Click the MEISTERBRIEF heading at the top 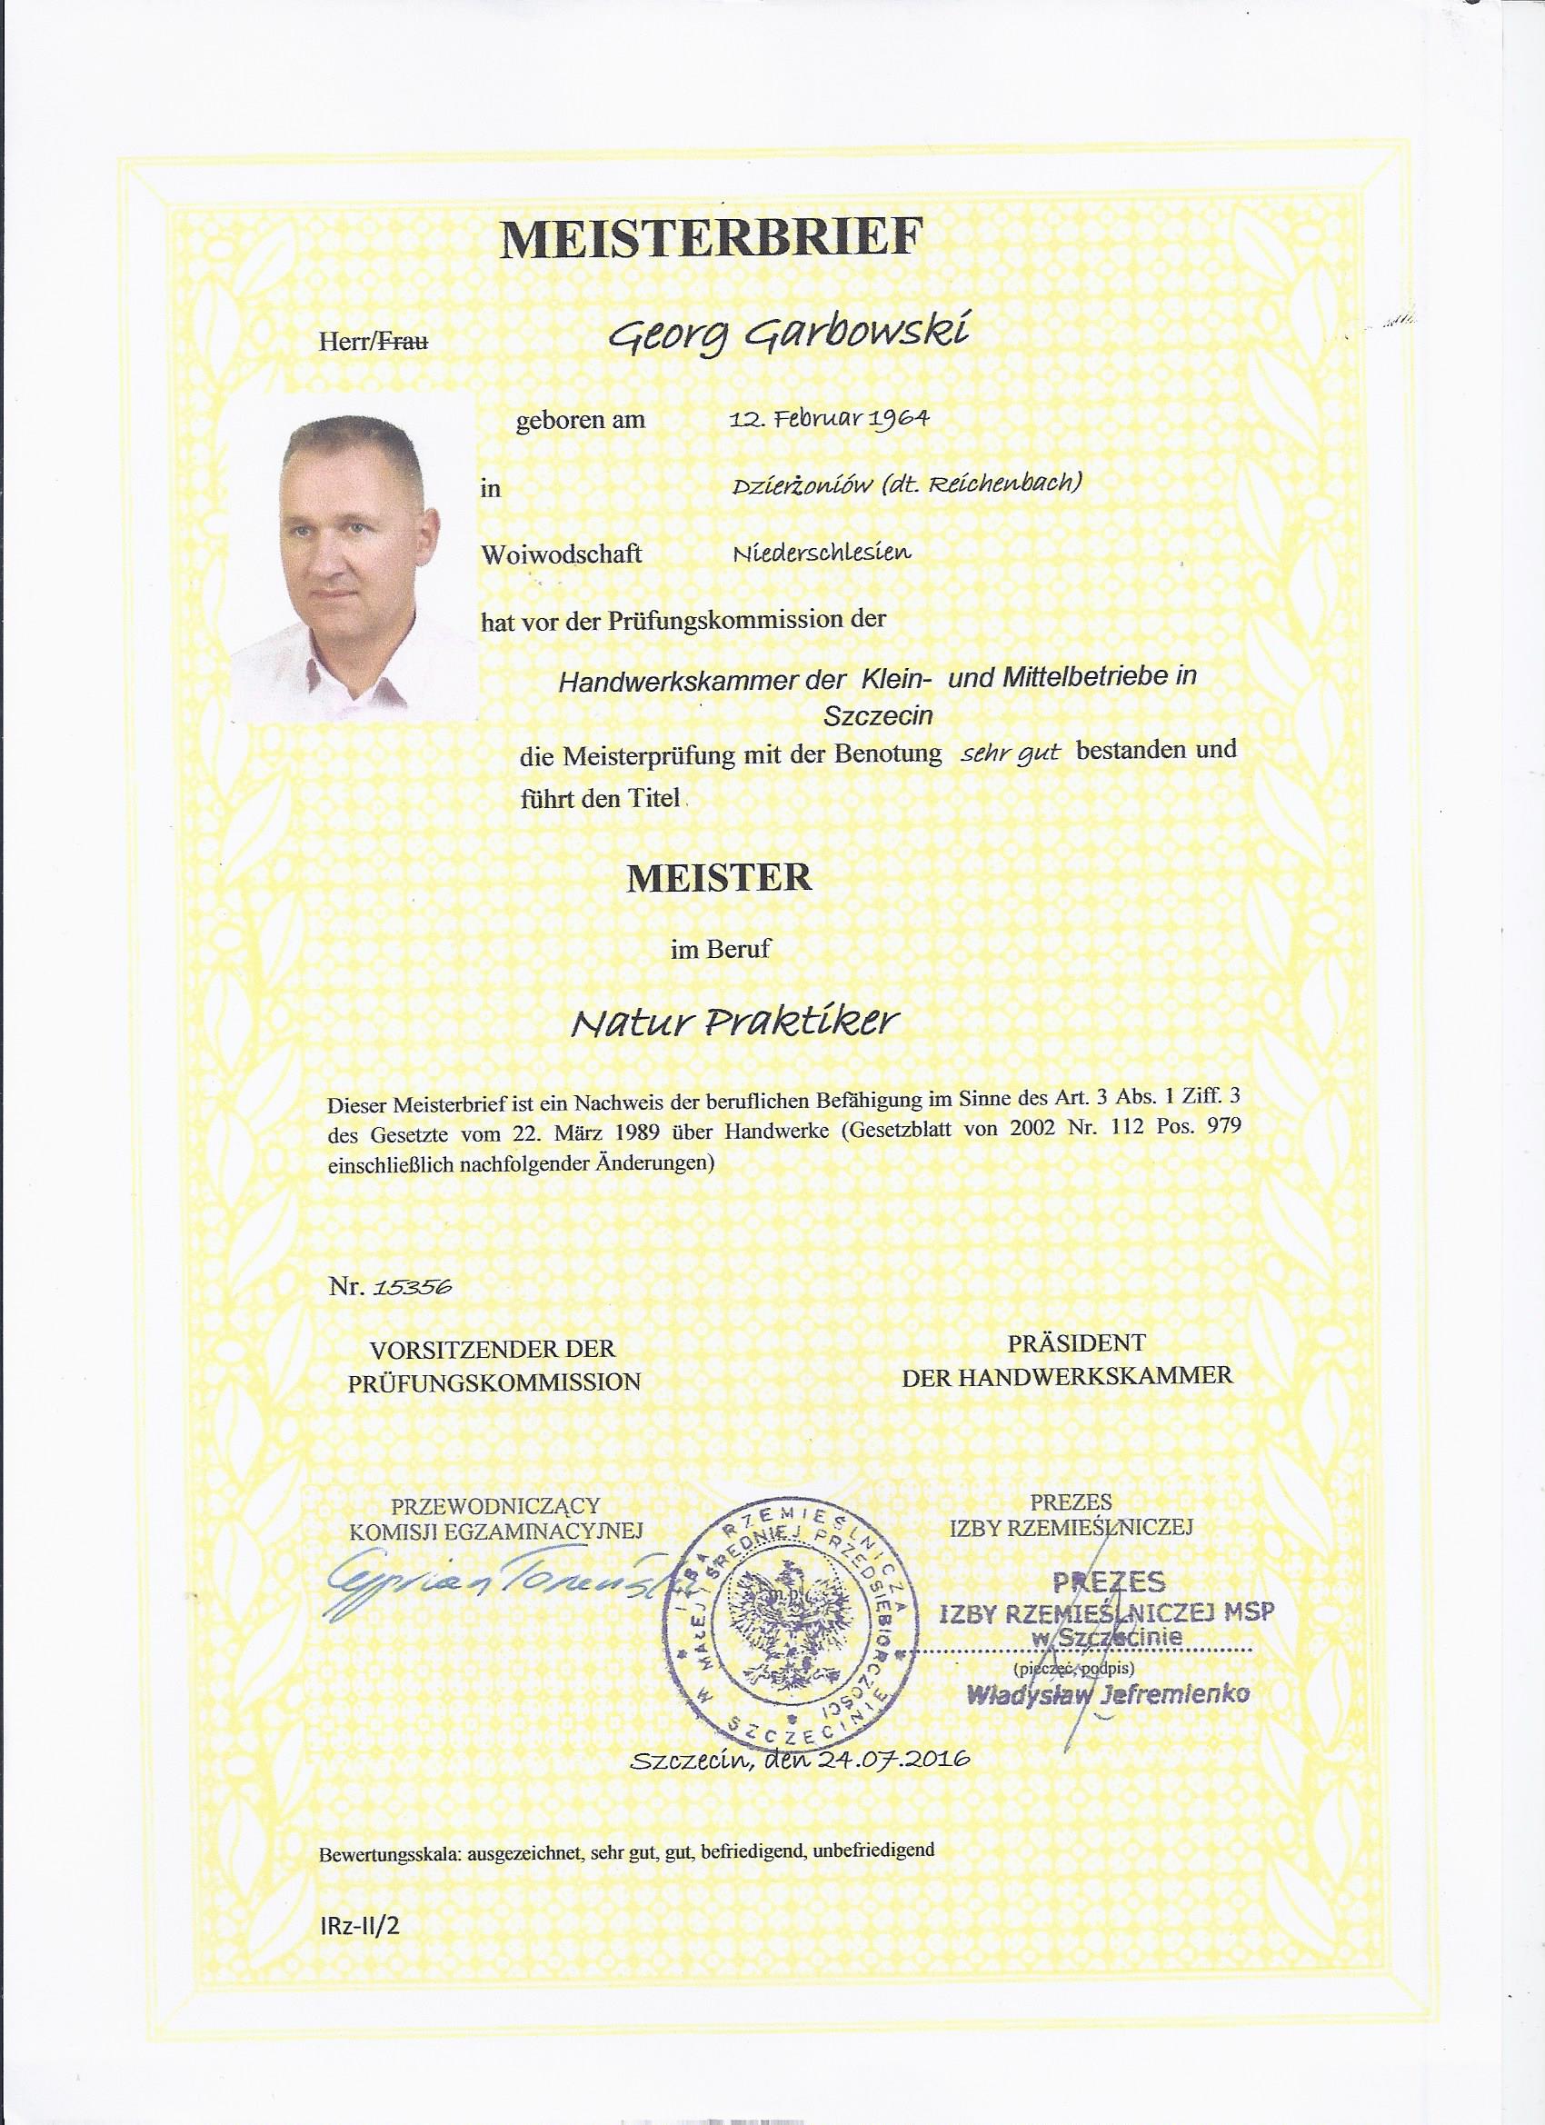[707, 239]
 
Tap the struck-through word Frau [402, 343]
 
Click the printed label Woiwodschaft [562, 554]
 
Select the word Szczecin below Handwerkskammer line [878, 717]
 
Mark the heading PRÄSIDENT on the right [1076, 1342]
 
